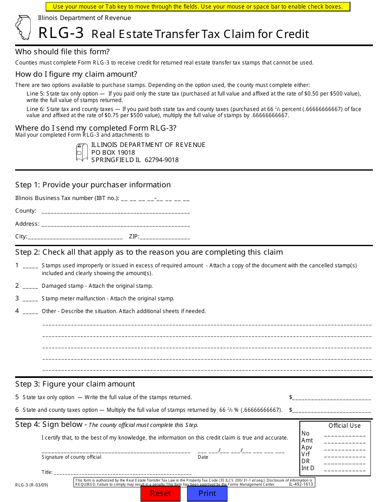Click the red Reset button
click(x=161, y=493)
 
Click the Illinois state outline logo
click(x=23, y=28)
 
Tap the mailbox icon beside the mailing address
click(x=82, y=152)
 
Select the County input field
click(x=116, y=211)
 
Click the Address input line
click(x=116, y=224)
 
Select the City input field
click(x=75, y=237)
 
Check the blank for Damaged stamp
click(x=31, y=287)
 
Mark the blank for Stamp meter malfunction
click(x=31, y=299)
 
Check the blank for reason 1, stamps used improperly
click(x=31, y=266)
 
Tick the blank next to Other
click(x=31, y=312)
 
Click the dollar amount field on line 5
click(x=332, y=398)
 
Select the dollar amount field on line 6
click(x=332, y=411)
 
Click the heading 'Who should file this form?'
click(x=62, y=52)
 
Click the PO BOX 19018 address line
click(x=113, y=152)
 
